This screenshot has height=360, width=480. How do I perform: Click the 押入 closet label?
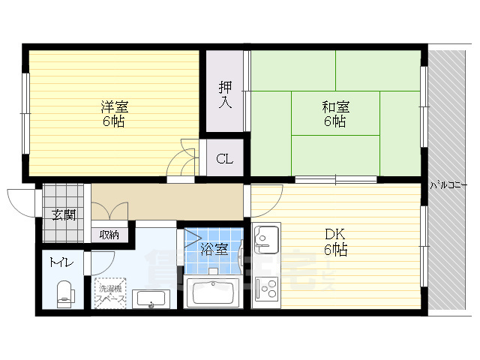(225, 94)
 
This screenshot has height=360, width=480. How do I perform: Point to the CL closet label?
(224, 159)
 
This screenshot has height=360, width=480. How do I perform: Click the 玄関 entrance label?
(63, 215)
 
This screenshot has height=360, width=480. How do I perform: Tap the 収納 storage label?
(109, 235)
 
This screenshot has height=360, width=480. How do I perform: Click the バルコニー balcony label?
(448, 184)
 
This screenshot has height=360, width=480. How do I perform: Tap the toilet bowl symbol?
(65, 292)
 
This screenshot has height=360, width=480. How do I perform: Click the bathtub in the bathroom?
(213, 291)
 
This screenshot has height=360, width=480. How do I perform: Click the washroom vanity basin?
(153, 298)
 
